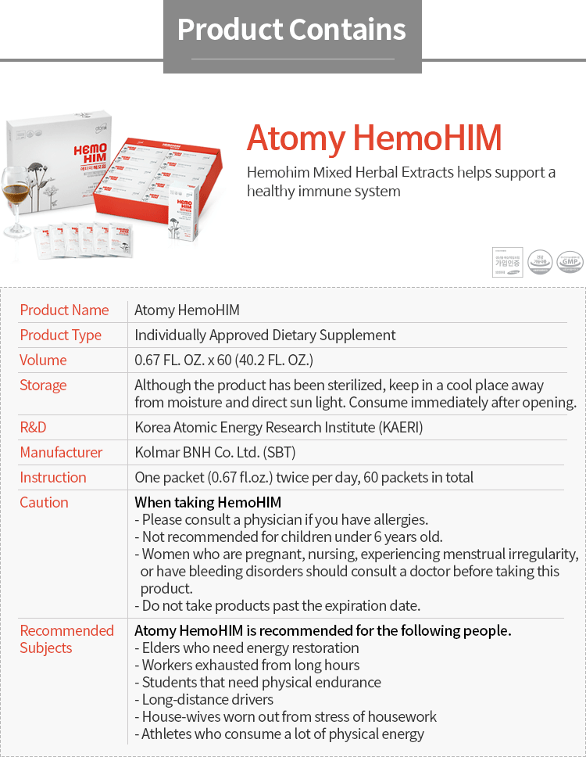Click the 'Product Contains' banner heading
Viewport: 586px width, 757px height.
tap(291, 30)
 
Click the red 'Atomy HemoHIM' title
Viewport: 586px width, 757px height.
tap(373, 138)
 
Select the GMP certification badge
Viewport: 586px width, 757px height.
tap(569, 262)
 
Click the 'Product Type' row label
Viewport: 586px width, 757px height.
tap(60, 335)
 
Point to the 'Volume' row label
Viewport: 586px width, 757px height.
tap(43, 360)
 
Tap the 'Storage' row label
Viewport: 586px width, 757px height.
tap(43, 385)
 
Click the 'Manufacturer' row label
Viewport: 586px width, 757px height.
tap(61, 452)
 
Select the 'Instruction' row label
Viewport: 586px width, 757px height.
tap(53, 477)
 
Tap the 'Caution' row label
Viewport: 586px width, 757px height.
tap(44, 502)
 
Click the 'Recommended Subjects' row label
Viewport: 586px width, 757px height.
tap(66, 639)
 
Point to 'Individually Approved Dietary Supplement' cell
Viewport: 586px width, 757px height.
tap(265, 335)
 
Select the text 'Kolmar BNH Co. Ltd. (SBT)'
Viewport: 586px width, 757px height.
tap(215, 452)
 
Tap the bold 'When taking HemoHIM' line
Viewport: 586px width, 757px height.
tap(208, 502)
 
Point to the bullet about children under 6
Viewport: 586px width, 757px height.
tap(288, 536)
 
